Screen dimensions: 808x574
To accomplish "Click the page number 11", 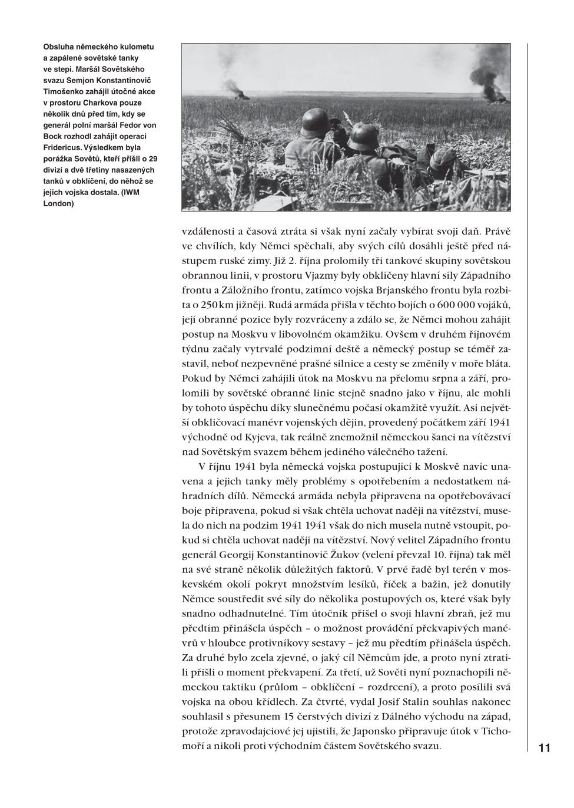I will tap(544, 748).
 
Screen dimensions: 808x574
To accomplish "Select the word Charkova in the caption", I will tap(99, 103).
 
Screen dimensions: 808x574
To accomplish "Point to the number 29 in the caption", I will tap(153, 159).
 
